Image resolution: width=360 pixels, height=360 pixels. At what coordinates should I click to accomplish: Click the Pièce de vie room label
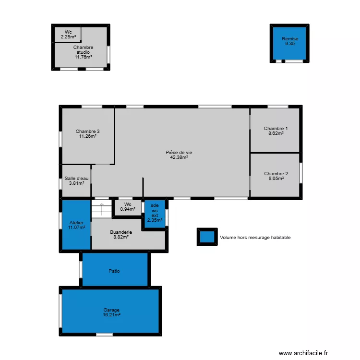pos(179,153)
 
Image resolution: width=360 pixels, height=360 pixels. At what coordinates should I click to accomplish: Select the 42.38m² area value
pos(179,157)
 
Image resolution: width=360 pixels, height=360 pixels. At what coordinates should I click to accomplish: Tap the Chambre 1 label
pos(276,128)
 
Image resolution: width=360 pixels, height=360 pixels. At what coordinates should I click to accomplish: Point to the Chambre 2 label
pos(276,174)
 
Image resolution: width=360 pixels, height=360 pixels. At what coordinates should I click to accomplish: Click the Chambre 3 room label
pos(88,132)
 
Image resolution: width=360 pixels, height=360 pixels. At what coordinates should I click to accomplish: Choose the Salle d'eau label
pos(76,179)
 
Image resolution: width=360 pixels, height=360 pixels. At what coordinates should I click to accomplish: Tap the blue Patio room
pos(115,271)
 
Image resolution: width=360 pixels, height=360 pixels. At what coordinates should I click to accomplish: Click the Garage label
pos(111,310)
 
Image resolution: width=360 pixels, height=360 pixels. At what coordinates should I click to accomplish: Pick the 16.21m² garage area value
pos(111,315)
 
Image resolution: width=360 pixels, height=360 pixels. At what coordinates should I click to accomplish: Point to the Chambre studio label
pos(83,50)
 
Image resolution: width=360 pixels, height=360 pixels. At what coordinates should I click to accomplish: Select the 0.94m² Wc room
pos(128,206)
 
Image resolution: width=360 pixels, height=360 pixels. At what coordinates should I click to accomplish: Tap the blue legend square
pos(207,237)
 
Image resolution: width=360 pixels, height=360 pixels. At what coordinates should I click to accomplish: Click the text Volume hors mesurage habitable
pos(255,238)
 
